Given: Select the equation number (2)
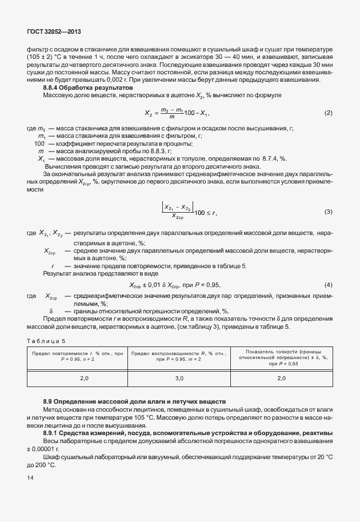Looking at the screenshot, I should (x=328, y=113).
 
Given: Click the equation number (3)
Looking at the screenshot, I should (x=328, y=212).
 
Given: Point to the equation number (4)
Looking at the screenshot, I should (x=328, y=285).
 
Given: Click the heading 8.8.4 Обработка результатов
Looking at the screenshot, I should (x=88, y=87).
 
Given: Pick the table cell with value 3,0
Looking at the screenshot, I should (x=178, y=378).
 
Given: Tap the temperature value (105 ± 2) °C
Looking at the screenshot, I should (x=47, y=58).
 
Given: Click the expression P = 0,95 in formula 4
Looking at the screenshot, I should (x=206, y=285).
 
